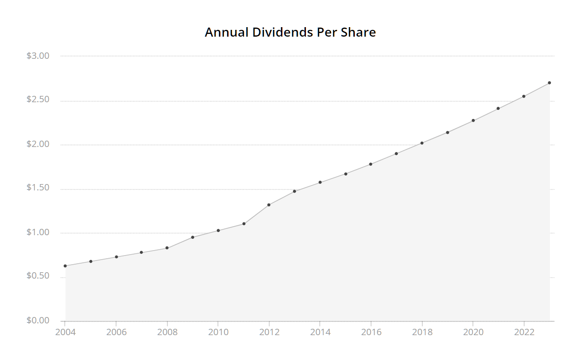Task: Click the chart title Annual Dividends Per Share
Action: tap(290, 33)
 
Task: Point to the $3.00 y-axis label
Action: tap(38, 56)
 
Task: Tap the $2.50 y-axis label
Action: tap(38, 99)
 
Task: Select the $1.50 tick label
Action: tap(38, 188)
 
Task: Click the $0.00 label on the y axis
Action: tap(38, 321)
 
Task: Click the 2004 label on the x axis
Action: tap(65, 332)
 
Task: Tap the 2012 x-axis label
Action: tap(269, 332)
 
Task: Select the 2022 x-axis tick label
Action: tap(524, 332)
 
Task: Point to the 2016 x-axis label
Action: tap(371, 332)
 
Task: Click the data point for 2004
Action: tap(65, 266)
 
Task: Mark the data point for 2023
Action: tap(549, 83)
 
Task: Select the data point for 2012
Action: tap(269, 205)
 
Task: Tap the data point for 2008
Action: tap(167, 248)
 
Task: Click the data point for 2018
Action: tap(422, 143)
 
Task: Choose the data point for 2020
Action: tap(473, 120)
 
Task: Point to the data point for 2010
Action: tap(218, 231)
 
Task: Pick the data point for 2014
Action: tap(320, 182)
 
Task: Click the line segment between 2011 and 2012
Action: tap(256, 214)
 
